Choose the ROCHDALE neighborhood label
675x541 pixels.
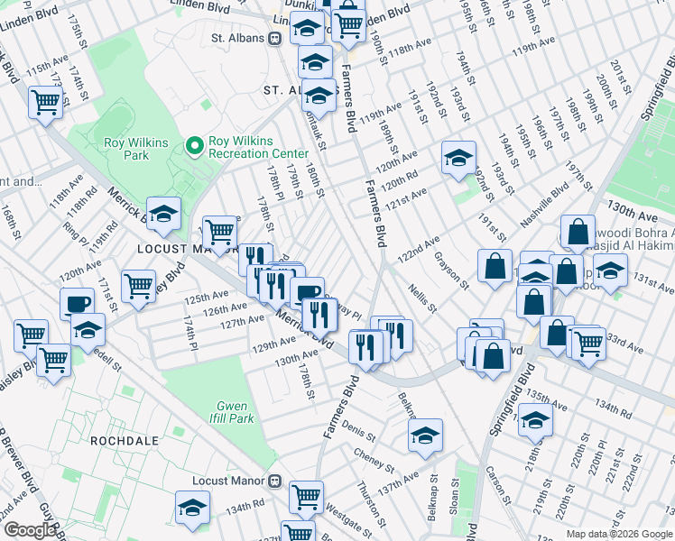(124, 441)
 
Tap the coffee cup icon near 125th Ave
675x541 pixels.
(78, 303)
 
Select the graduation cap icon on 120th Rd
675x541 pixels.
(458, 158)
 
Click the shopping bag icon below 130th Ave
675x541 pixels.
(578, 232)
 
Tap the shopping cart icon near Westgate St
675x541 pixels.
(307, 496)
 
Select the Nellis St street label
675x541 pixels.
(421, 297)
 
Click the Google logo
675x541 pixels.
(30, 530)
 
